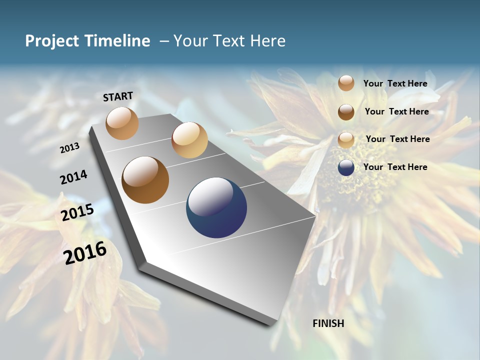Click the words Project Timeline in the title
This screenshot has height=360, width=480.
pos(87,41)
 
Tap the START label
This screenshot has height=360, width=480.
pos(118,96)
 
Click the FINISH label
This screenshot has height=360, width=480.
pos(328,323)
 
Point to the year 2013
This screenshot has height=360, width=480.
pos(70,147)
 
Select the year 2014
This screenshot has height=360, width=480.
pos(74,177)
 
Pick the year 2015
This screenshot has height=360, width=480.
pos(77,212)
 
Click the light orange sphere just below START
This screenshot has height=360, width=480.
pos(122,123)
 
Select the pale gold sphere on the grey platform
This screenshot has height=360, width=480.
pos(189,140)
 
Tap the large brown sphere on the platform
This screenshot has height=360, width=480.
pos(145,180)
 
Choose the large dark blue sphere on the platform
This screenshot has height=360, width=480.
pos(216,207)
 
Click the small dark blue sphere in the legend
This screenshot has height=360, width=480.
pos(346,167)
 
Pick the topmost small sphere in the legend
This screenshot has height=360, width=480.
pos(346,83)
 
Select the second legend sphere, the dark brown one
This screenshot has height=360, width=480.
pos(346,112)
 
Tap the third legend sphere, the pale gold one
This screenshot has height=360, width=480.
pos(346,139)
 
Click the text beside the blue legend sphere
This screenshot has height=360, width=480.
pos(395,167)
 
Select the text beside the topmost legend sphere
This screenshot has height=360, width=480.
pos(395,83)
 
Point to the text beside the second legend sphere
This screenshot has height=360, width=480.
pos(396,111)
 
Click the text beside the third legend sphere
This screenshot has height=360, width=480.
pos(397,139)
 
